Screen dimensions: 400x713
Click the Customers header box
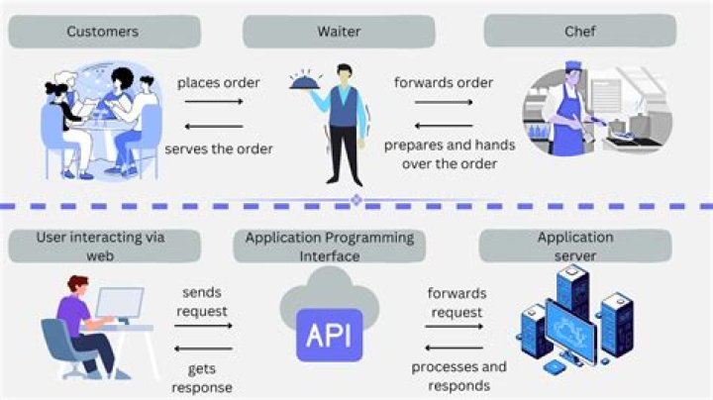tap(103, 32)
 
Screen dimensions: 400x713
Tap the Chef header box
tap(578, 32)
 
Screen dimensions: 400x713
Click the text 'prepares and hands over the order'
tap(450, 154)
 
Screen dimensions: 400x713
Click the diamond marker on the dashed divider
tap(356, 201)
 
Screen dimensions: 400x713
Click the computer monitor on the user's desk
tap(120, 305)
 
